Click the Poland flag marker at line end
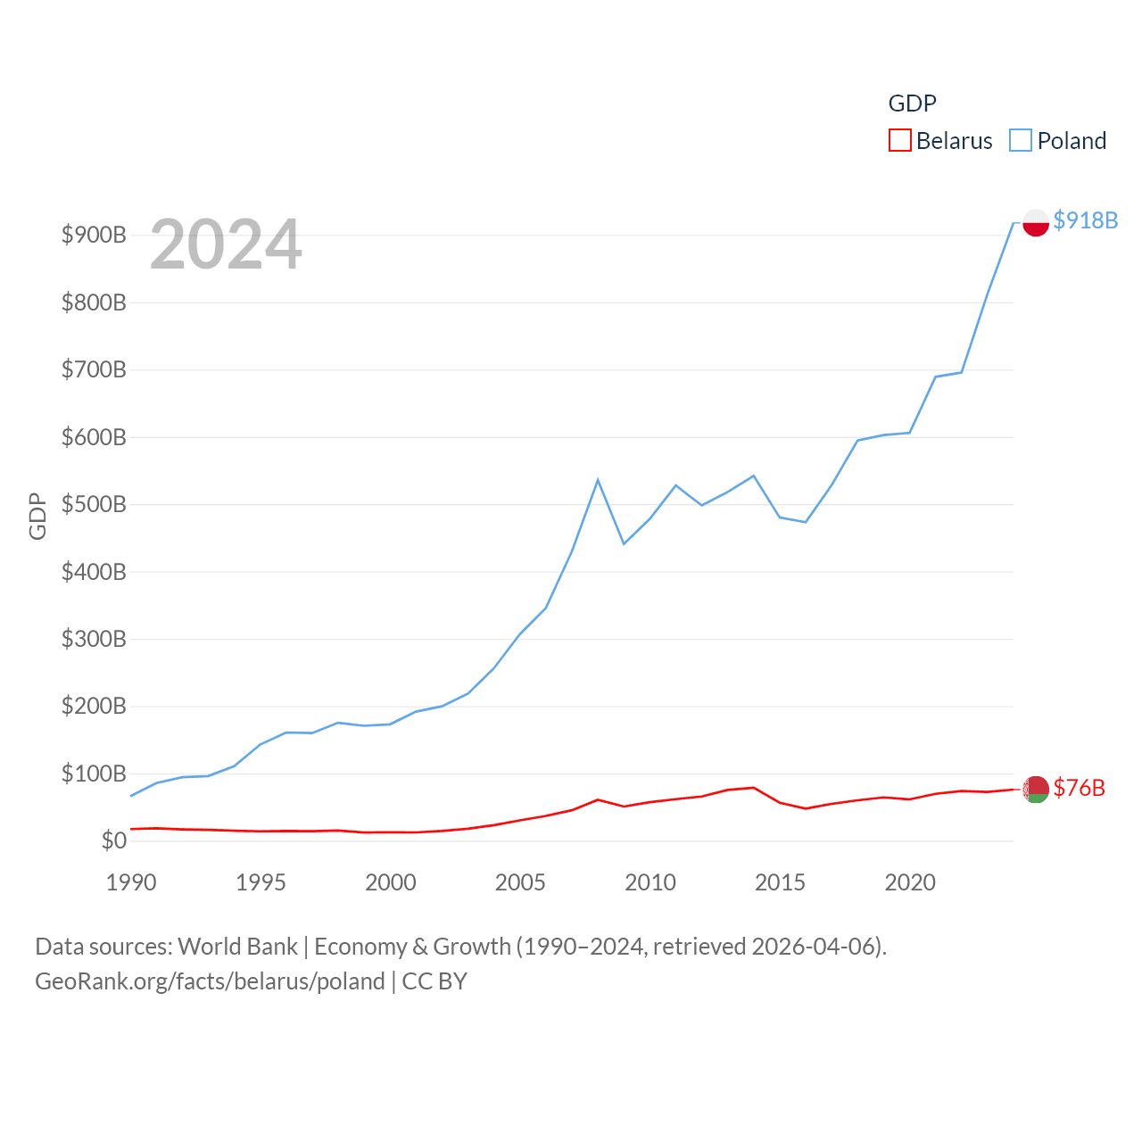pos(1035,222)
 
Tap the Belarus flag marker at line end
pos(1035,789)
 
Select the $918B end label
pos(1085,220)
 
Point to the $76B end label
pos(1079,788)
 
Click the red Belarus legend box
pos(899,141)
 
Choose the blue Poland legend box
pos(1020,141)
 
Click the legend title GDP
pos(912,103)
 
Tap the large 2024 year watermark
pos(226,244)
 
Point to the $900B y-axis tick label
pos(94,235)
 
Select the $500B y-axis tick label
pos(94,504)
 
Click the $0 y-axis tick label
pos(113,840)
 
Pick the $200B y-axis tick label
pos(94,707)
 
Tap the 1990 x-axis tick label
pos(131,882)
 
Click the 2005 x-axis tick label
pos(520,882)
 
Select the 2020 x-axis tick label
pos(910,882)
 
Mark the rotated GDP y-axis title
pos(37,516)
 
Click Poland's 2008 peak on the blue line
pos(598,480)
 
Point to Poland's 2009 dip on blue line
pos(624,543)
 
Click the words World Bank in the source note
pos(237,946)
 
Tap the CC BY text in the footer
pos(434,981)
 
